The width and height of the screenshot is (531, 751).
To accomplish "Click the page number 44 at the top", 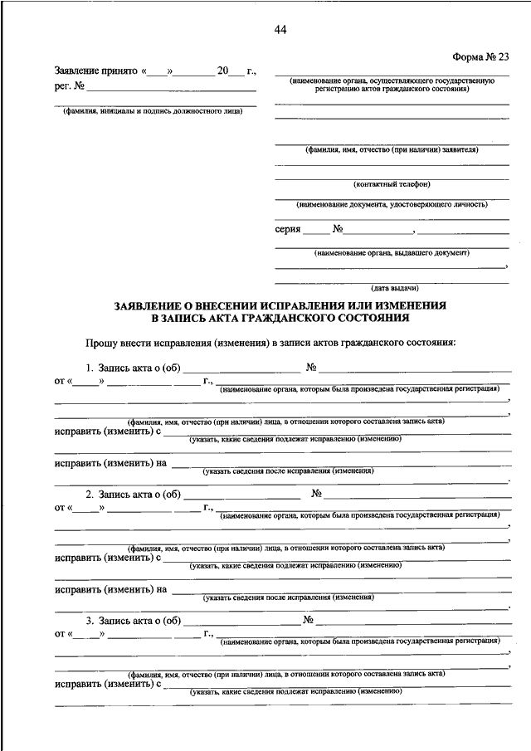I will point(280,31).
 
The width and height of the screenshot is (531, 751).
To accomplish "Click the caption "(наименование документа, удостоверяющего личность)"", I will point(392,203).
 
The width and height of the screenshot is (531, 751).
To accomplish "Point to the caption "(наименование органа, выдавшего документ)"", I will point(392,252).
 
